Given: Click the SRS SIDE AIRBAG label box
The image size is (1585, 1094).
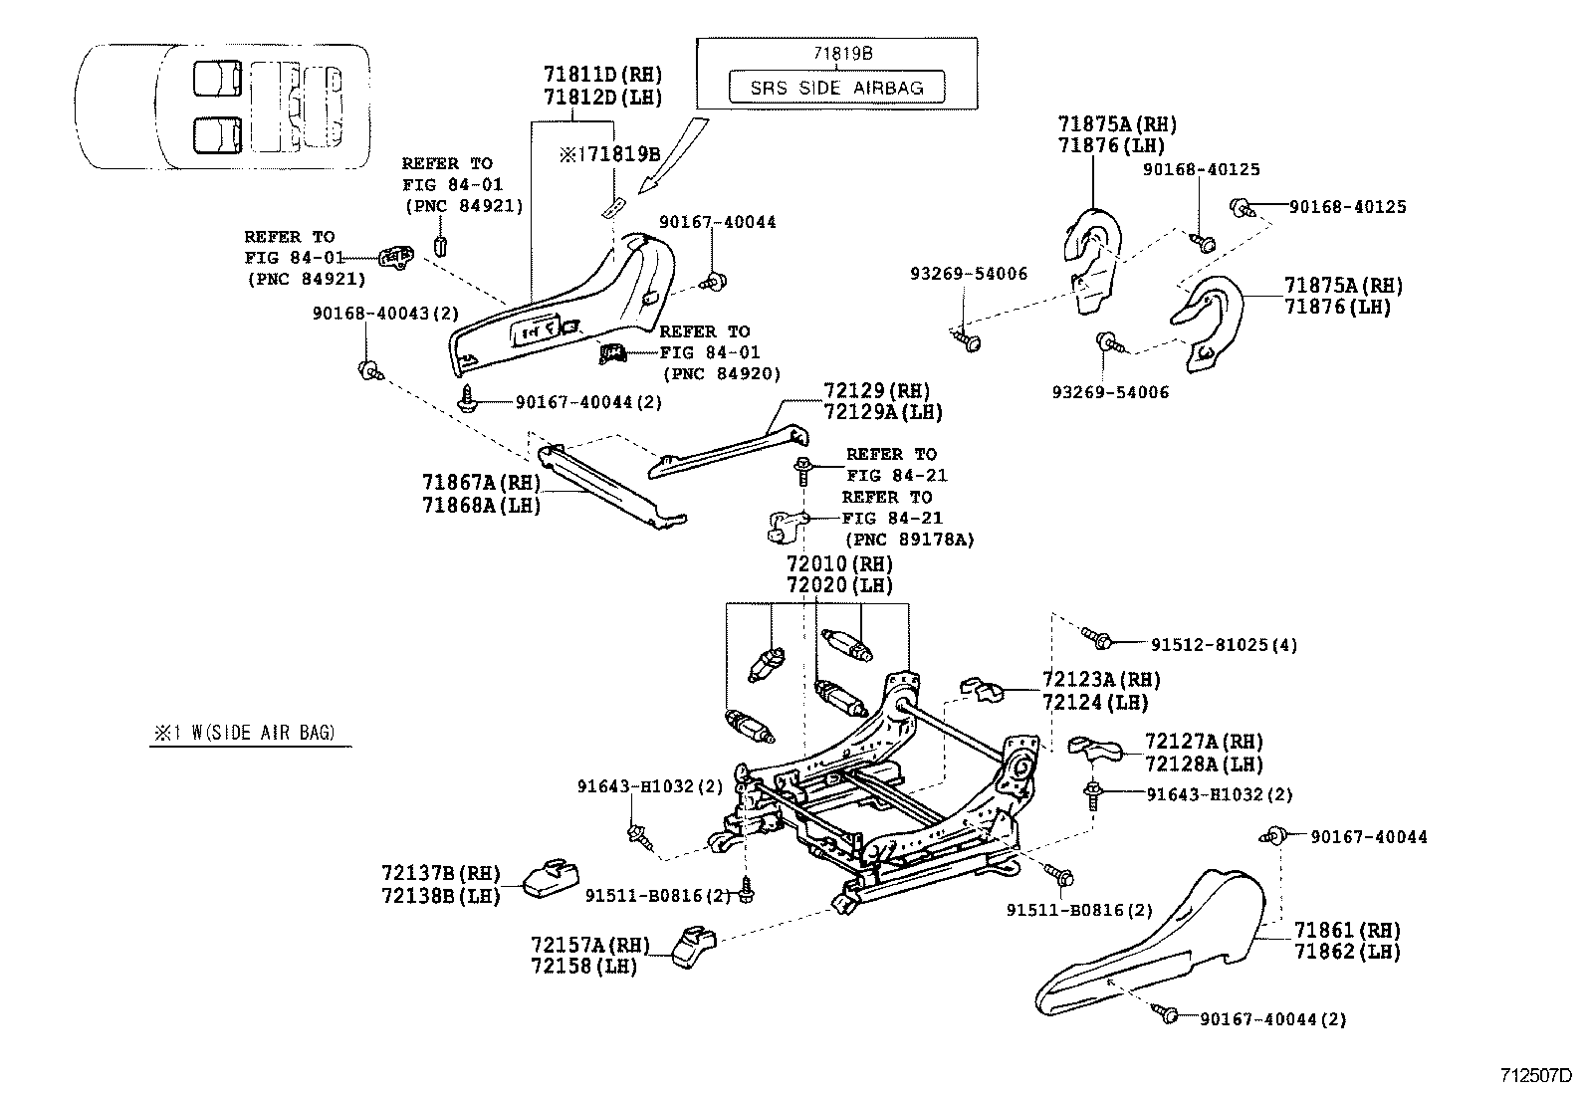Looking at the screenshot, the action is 836,87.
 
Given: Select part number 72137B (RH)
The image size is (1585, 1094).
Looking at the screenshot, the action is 441,872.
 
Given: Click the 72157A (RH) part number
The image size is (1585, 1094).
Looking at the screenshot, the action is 590,945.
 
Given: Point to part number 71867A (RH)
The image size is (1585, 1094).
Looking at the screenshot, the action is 481,483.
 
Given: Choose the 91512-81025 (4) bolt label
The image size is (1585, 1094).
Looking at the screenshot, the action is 1224,645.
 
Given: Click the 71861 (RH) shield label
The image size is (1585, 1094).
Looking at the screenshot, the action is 1347,930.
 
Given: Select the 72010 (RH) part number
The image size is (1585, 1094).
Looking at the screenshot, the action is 839,564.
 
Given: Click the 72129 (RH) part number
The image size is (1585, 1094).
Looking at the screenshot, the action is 877,390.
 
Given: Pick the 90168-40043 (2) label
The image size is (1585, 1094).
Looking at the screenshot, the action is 385,313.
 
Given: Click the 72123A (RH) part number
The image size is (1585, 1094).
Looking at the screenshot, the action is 1101,680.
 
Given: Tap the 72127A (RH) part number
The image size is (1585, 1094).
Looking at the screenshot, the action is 1205,742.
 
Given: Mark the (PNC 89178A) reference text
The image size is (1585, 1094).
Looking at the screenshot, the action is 909,540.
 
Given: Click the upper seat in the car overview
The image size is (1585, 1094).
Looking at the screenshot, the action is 218,78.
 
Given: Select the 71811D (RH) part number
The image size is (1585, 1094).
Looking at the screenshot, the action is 603,75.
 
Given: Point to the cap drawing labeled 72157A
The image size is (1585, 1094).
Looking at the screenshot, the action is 693,946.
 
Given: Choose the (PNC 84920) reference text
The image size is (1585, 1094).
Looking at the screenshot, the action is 722,373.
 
